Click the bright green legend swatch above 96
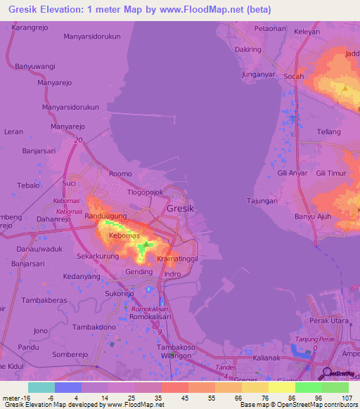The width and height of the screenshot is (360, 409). click(308, 387)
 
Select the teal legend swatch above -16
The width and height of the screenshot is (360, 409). click(41, 387)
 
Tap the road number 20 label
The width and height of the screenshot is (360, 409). click(76, 141)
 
